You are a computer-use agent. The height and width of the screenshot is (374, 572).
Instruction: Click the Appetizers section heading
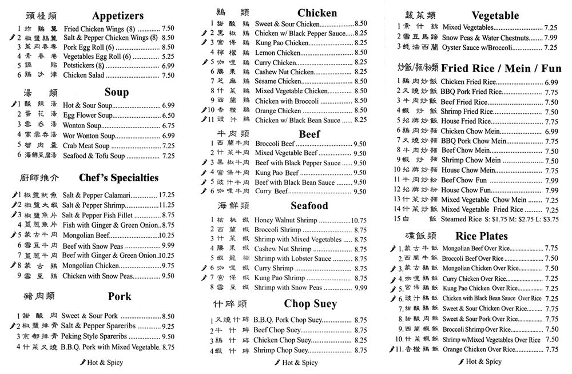point(117,15)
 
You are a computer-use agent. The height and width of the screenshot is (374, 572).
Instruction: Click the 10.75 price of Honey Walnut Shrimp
point(359,220)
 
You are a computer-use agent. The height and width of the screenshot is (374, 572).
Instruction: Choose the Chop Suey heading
point(310,304)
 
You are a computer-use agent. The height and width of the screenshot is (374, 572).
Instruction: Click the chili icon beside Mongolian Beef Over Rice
point(394,249)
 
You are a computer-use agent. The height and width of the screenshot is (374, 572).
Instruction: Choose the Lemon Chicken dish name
point(277,53)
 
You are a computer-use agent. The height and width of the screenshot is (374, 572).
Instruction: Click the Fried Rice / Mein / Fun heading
point(501,68)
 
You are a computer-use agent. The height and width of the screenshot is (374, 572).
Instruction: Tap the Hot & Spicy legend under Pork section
point(102,363)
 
